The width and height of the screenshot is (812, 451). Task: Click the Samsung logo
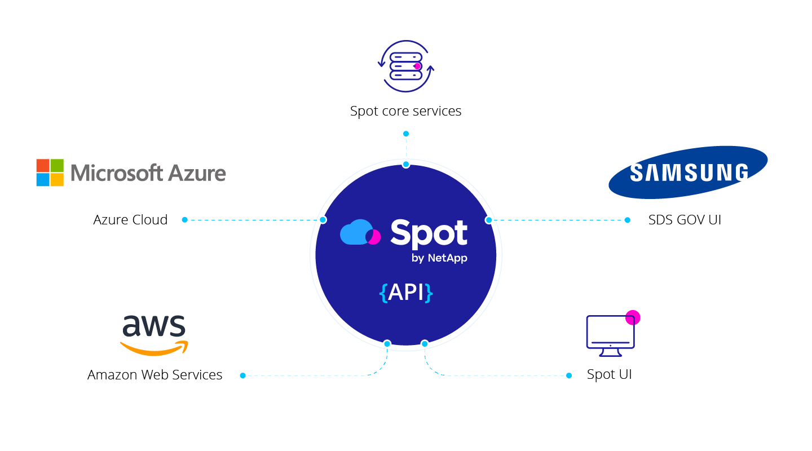click(688, 172)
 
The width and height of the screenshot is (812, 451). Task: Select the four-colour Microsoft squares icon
click(50, 173)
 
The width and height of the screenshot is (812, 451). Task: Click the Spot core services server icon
click(406, 66)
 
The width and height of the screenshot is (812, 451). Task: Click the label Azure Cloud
click(130, 220)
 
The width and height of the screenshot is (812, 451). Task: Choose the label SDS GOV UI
click(685, 220)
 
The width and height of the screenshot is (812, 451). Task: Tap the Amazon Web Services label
click(155, 375)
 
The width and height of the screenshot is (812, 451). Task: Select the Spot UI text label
click(609, 374)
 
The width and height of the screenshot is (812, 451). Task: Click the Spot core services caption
click(405, 111)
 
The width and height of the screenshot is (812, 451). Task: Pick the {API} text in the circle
click(406, 293)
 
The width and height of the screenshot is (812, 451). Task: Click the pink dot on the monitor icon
click(633, 317)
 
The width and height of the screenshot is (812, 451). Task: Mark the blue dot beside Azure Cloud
click(184, 220)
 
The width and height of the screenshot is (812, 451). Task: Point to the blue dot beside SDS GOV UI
click(628, 220)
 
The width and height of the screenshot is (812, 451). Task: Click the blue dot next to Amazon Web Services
click(242, 375)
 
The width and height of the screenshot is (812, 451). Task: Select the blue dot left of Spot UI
click(569, 375)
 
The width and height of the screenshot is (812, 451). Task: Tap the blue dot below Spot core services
click(405, 134)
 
